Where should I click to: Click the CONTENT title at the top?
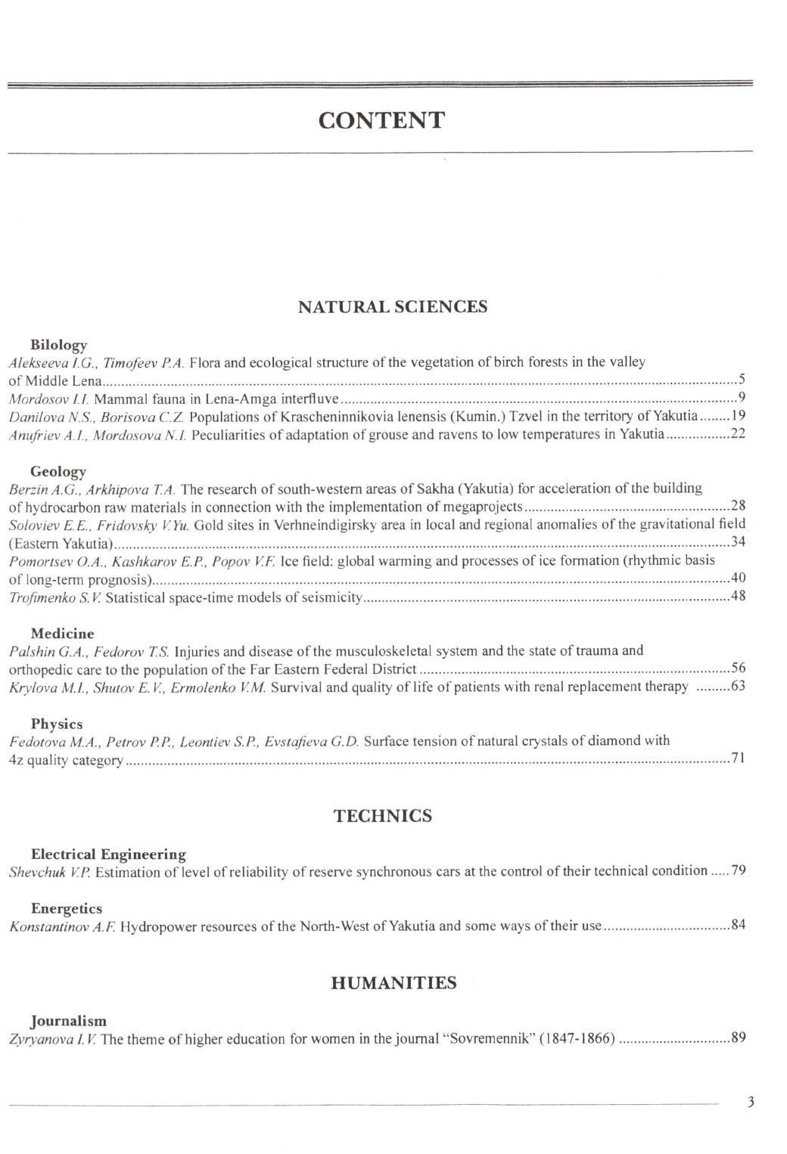[381, 121]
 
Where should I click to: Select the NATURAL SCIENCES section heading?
[393, 307]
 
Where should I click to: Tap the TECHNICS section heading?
[383, 816]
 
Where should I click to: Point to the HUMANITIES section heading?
[393, 983]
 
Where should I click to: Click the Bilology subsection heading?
[58, 345]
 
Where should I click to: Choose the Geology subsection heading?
[58, 472]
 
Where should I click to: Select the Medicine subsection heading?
[62, 634]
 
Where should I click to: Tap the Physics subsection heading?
[57, 724]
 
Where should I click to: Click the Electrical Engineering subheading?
[108, 855]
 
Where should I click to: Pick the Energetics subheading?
[66, 908]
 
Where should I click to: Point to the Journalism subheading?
[68, 1021]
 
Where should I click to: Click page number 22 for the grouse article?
[738, 434]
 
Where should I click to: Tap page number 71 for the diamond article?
[738, 758]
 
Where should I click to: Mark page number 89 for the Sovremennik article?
[738, 1038]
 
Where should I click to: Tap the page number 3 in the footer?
[751, 1102]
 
